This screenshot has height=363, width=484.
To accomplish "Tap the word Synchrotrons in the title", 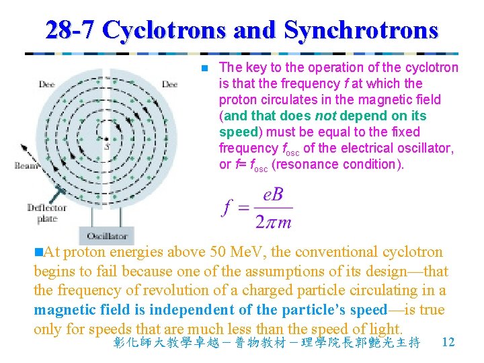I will click(361, 30).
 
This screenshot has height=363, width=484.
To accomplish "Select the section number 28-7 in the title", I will click(71, 30).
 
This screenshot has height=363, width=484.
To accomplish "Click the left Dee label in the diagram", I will click(46, 85).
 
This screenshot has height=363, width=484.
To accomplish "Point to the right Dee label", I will click(169, 85).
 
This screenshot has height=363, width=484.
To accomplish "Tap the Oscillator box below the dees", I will click(107, 236).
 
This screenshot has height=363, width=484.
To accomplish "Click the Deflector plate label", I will click(46, 212).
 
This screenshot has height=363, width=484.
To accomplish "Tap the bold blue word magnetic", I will click(65, 309).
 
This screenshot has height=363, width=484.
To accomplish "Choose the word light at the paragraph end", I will click(385, 328).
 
